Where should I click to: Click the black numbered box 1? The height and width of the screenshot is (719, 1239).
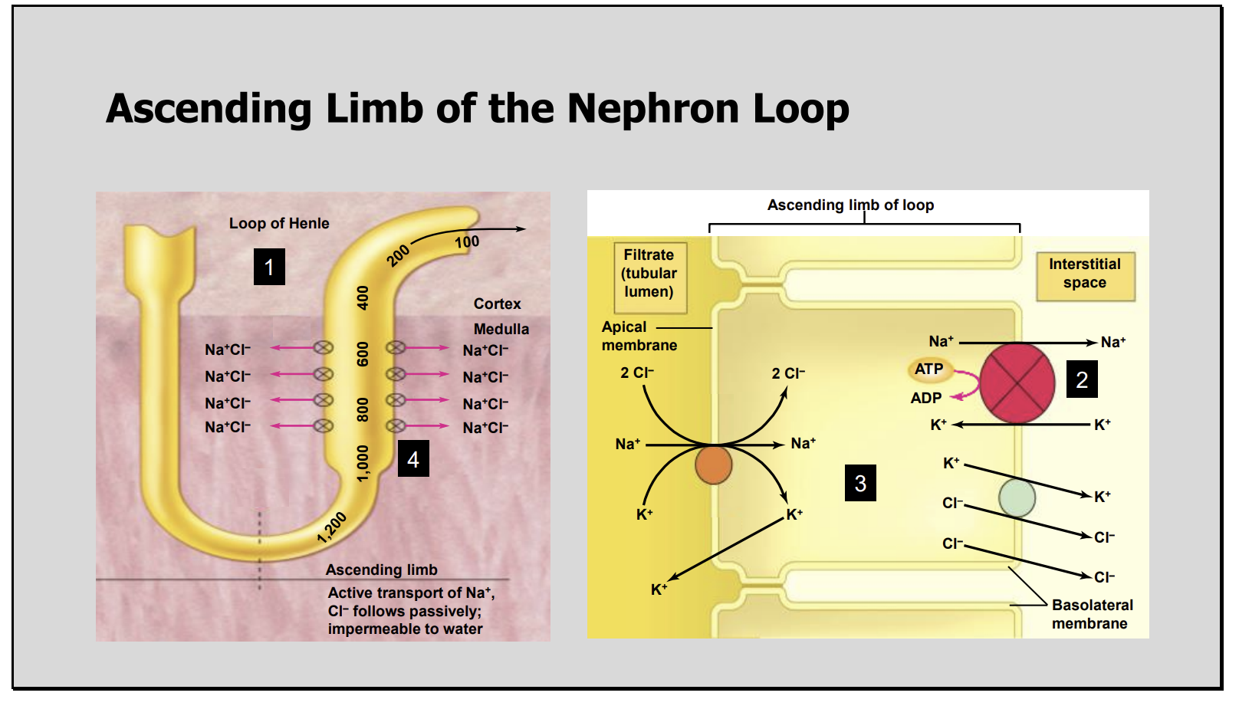pos(269,267)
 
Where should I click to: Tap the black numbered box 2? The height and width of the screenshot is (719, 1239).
pos(1081,379)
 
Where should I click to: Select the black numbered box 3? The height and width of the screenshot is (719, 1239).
pos(860,483)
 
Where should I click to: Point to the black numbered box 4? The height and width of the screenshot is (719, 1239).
pos(413,458)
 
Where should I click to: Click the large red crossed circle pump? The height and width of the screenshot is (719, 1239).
pos(1017,383)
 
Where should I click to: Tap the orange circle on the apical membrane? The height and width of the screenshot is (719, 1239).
pos(713,465)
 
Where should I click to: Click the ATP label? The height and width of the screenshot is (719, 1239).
pos(929,369)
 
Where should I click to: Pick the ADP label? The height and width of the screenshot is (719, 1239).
pos(925,398)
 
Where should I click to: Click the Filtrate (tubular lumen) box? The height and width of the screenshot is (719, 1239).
pos(649,274)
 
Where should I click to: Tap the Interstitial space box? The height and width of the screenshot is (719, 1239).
pos(1084,274)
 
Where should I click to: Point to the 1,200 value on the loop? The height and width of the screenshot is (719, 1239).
pos(332,527)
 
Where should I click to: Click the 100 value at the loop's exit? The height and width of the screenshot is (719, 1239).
pos(467,242)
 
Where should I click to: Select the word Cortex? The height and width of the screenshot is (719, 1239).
pos(497,304)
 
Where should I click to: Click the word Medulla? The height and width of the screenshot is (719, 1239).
pos(501,329)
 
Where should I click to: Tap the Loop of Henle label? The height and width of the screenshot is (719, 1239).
pos(279,223)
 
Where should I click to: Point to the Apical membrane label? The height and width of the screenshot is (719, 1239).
pos(638,336)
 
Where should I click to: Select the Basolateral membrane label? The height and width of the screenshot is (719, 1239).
pos(1091,614)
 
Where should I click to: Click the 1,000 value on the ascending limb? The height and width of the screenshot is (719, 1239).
pos(363,463)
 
